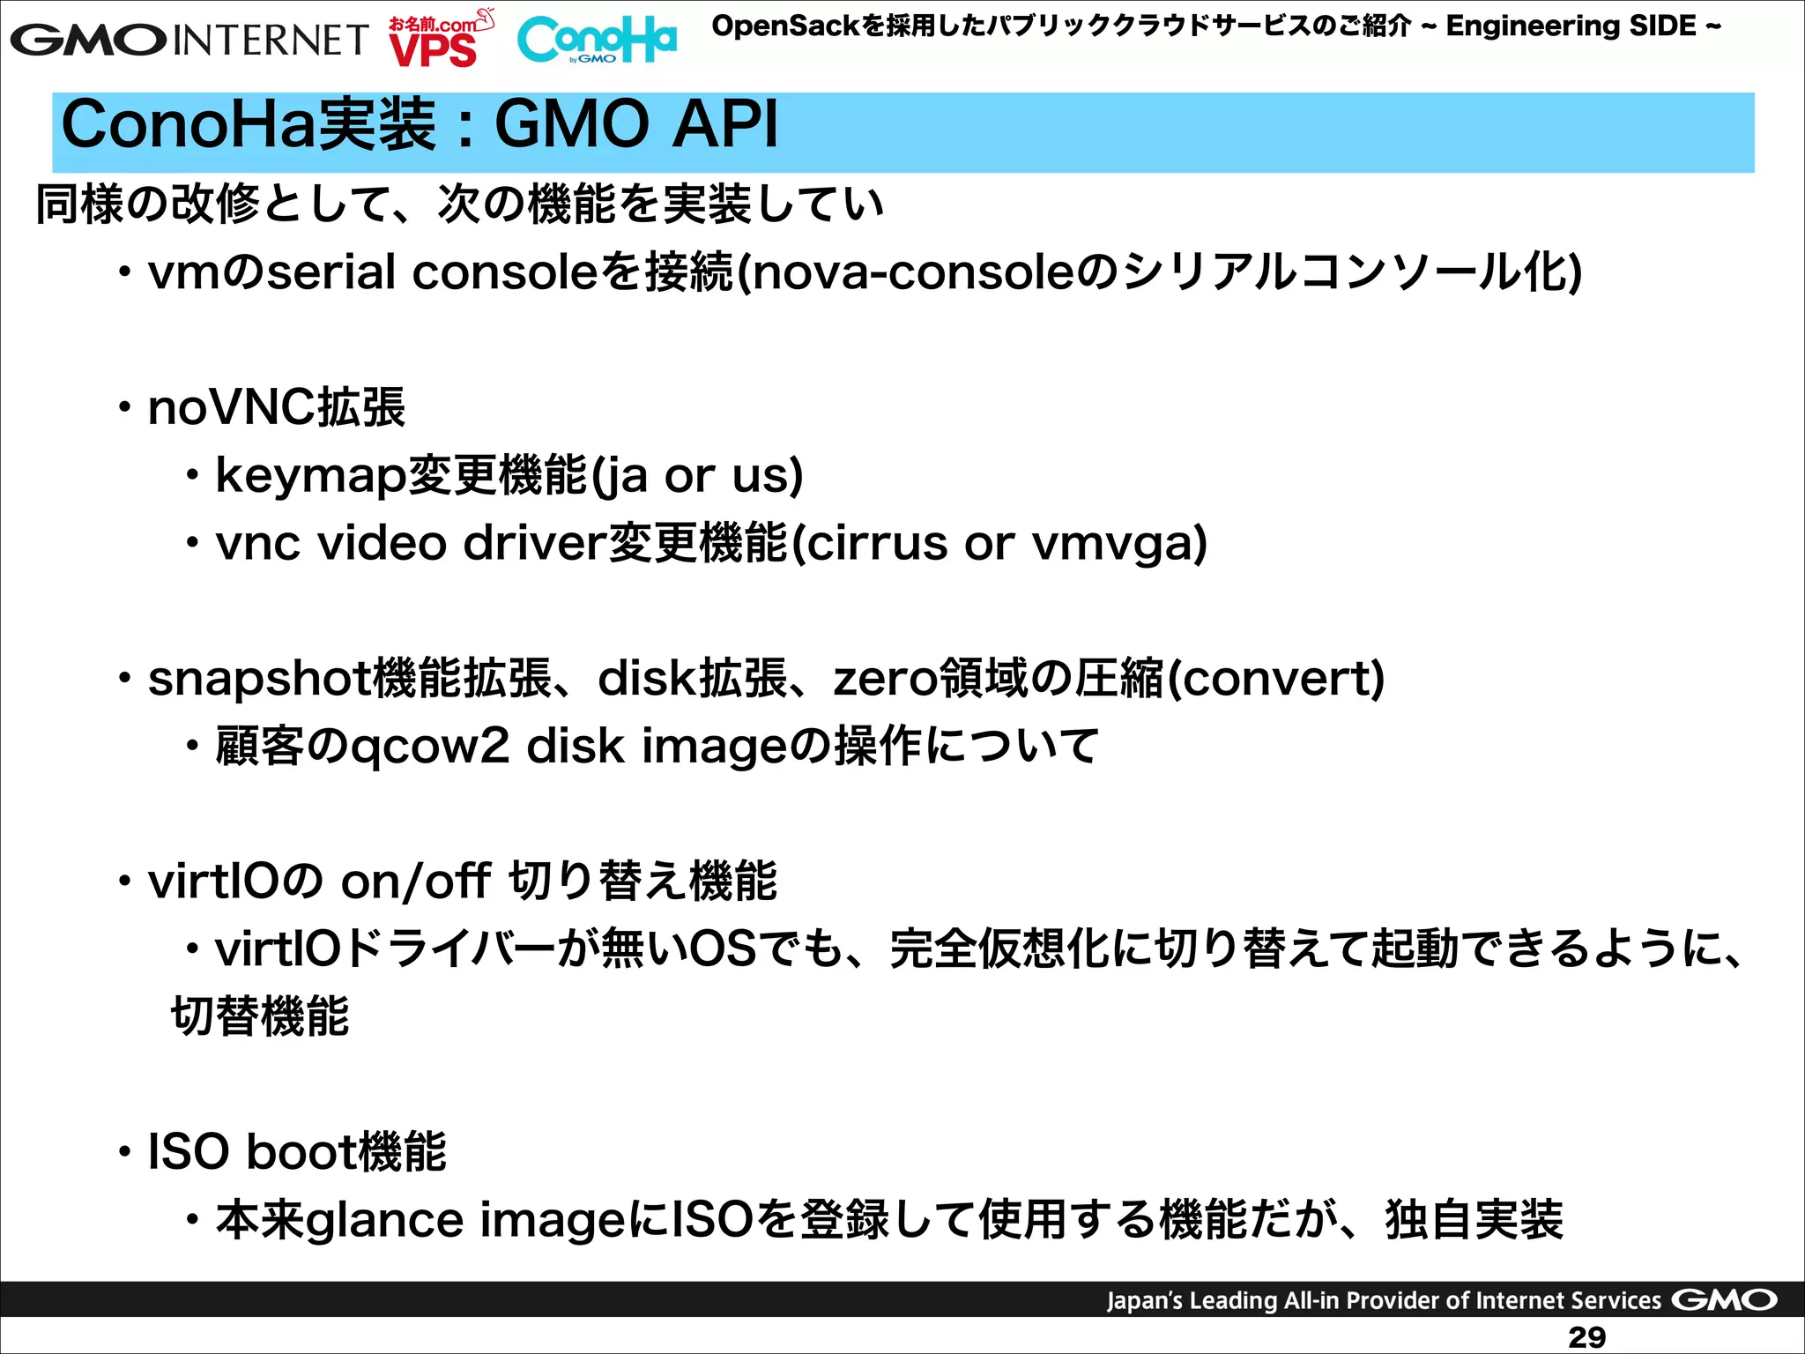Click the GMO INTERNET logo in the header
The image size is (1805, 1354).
point(189,40)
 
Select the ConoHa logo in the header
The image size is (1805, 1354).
point(597,41)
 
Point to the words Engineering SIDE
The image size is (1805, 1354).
point(1571,26)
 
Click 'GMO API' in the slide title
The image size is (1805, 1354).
point(636,125)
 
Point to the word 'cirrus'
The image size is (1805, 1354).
point(876,543)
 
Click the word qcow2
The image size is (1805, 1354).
point(429,748)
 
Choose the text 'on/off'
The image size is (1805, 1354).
point(415,881)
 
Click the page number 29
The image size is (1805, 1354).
point(1586,1337)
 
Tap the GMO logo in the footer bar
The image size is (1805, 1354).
point(1724,1300)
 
